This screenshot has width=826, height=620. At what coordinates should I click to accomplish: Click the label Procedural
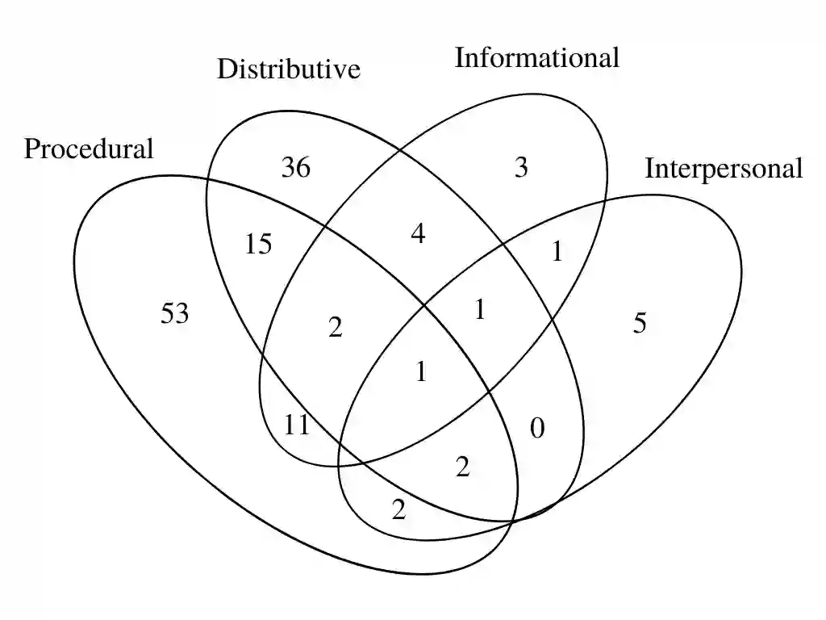tap(89, 149)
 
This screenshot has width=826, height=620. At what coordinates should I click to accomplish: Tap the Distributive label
tap(289, 70)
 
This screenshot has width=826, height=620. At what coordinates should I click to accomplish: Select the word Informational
tap(537, 57)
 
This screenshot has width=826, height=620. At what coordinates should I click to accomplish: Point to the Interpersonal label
tap(724, 169)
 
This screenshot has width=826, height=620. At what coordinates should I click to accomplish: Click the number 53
tap(174, 313)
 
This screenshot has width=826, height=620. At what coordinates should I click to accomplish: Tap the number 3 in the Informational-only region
tap(521, 168)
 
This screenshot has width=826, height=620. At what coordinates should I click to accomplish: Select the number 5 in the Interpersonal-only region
tap(640, 324)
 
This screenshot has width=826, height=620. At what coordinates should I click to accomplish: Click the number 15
tap(258, 243)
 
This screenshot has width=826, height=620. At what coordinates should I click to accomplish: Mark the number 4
tap(418, 235)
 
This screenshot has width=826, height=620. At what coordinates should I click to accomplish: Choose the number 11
tap(297, 425)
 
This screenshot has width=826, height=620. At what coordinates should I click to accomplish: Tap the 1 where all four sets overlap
tap(420, 372)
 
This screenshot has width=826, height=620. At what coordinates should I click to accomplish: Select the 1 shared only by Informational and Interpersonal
tap(557, 253)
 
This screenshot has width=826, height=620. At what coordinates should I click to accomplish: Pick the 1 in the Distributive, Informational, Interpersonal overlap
tap(480, 309)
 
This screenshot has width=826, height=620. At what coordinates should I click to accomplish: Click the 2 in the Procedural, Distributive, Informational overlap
tap(336, 328)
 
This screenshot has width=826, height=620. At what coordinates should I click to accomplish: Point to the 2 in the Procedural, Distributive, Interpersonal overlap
tap(462, 467)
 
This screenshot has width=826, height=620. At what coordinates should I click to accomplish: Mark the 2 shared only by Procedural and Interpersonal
tap(398, 510)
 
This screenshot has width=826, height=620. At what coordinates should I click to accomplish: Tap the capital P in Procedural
tap(31, 149)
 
